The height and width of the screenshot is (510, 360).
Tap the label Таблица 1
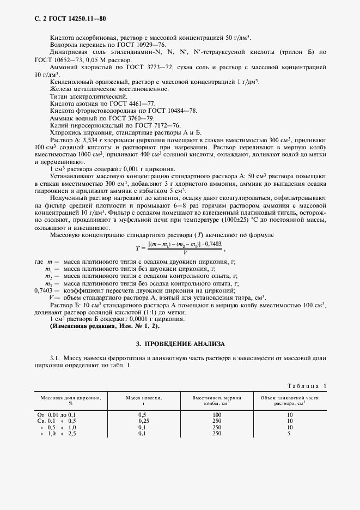tap(307, 386)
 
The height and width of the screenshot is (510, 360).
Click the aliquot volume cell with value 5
tap(289, 434)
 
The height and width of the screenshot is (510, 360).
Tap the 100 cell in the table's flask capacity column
tap(217, 415)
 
